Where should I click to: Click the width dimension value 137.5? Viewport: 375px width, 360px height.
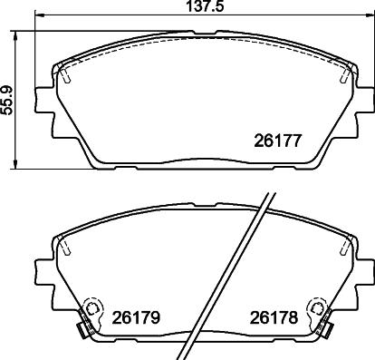coord(187,6)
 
